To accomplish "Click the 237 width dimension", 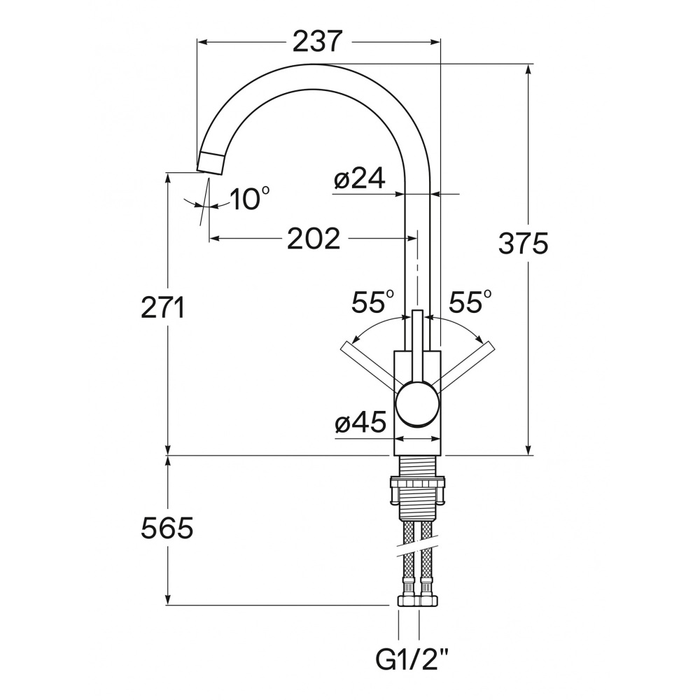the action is [x=317, y=42].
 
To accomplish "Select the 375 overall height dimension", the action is [x=523, y=244].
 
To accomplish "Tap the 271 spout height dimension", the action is [x=162, y=308].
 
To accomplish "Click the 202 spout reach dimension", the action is [x=314, y=239].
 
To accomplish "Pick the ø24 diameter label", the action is [x=359, y=179].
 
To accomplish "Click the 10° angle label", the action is [x=250, y=198].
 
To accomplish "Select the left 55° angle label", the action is [x=373, y=302].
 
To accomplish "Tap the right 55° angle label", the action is [x=470, y=302].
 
